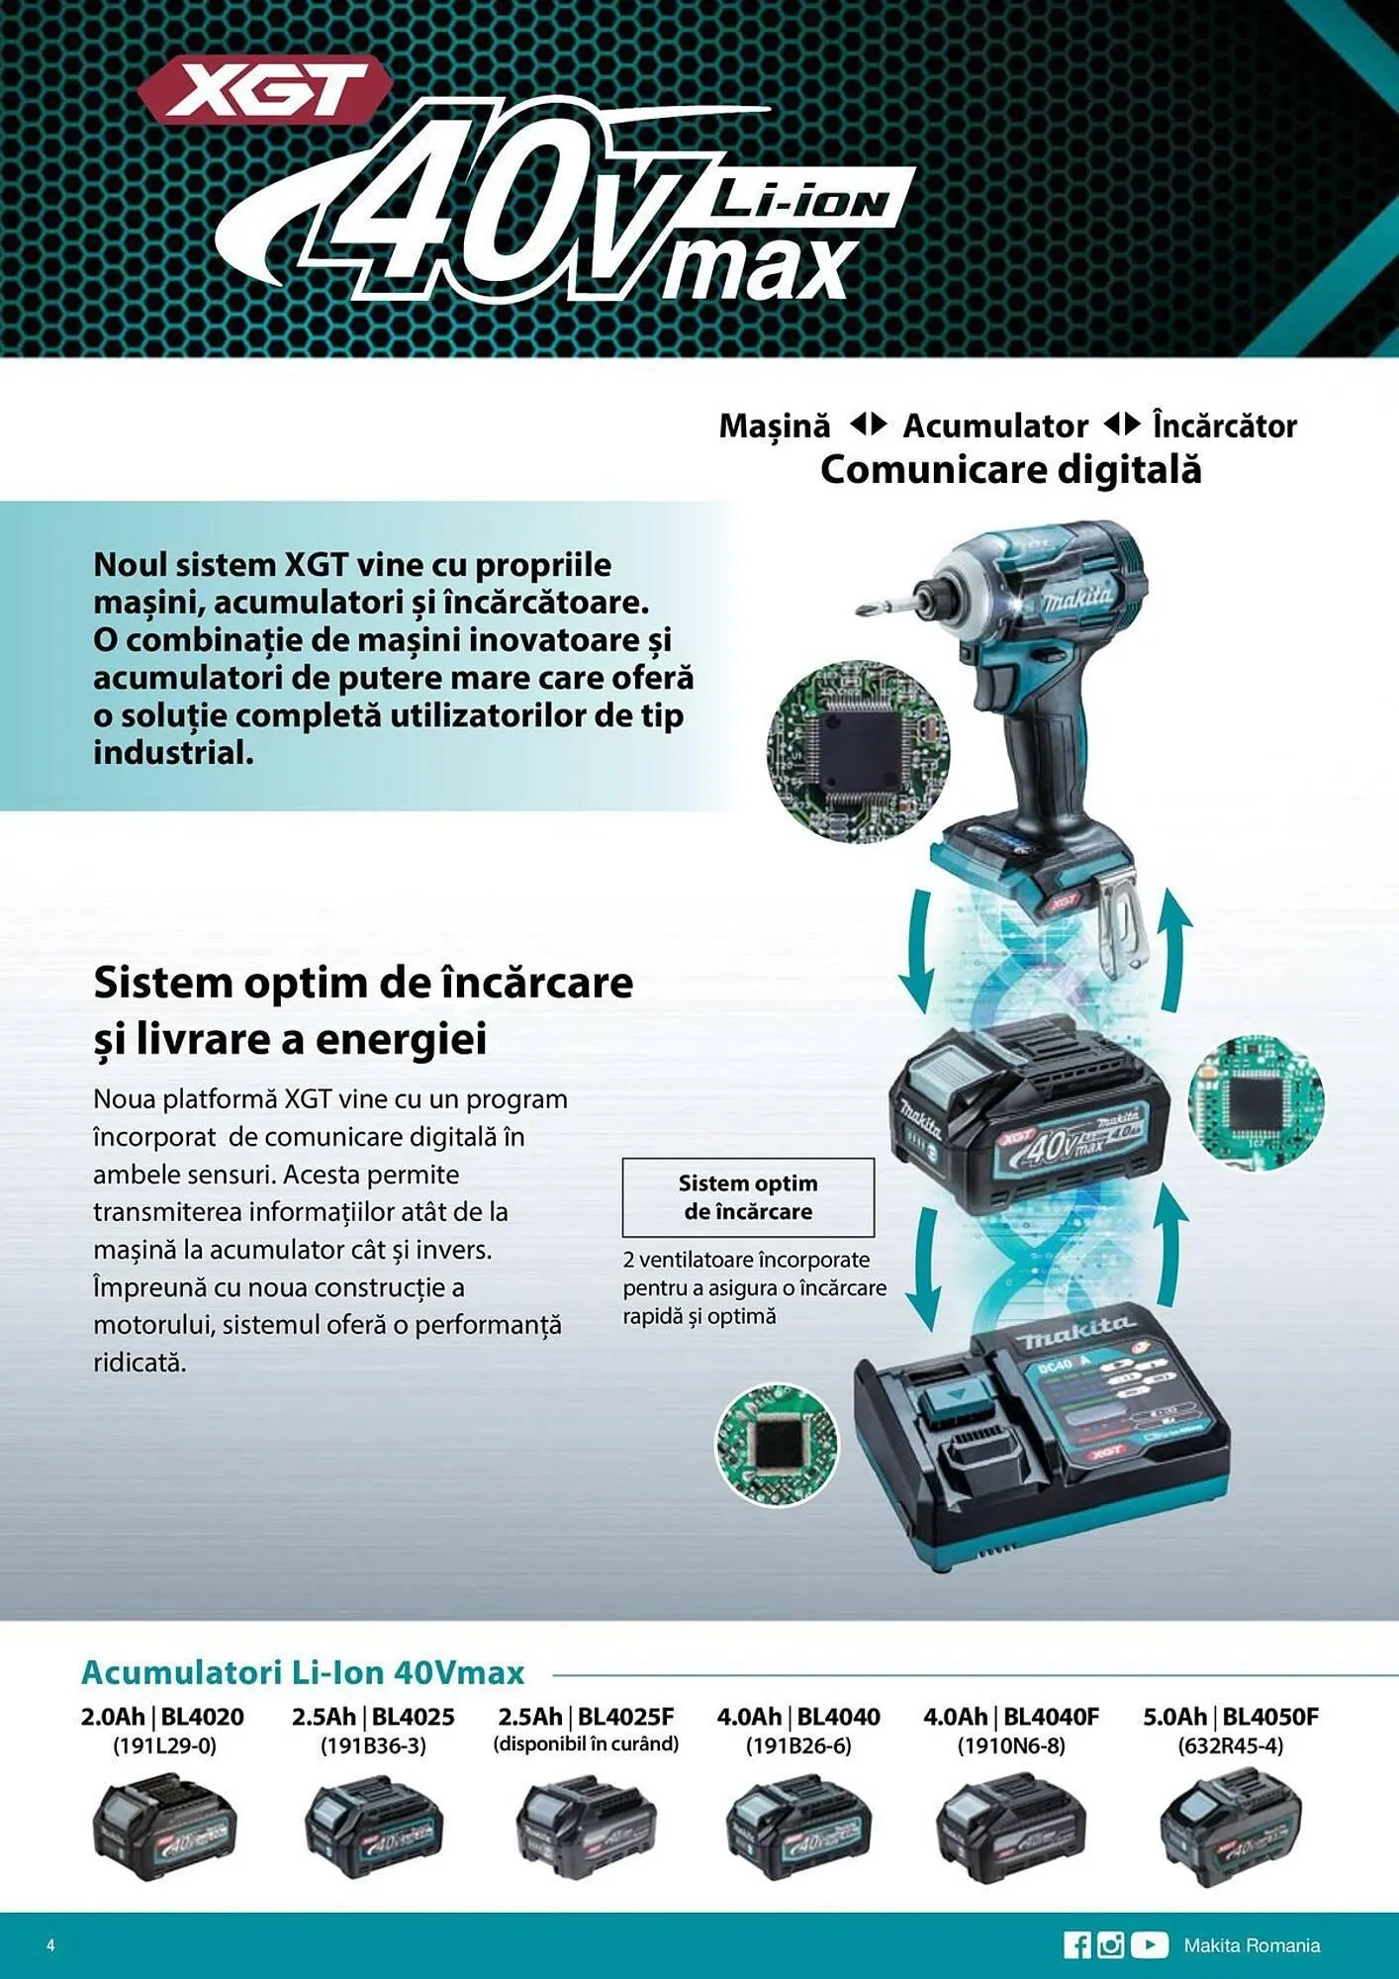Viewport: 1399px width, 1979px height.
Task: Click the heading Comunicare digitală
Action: coord(1010,470)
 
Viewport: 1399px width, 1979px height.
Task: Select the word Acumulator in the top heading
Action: coord(994,426)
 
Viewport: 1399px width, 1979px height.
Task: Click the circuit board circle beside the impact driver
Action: coord(858,751)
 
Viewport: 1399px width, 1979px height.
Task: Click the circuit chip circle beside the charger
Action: coord(777,1446)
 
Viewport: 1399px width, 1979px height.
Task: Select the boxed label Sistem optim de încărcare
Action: coord(748,1197)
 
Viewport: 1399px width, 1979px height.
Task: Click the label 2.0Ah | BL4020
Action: coord(162,1717)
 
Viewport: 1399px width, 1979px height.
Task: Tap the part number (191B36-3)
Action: coord(373,1745)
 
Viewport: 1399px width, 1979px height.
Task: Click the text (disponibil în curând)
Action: coord(586,1744)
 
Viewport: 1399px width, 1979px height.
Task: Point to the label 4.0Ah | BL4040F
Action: coord(1010,1717)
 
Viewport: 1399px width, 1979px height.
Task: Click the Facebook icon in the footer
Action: coord(1076,1944)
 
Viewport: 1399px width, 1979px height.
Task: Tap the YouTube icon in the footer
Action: coord(1149,1944)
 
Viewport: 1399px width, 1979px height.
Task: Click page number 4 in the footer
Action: coord(50,1944)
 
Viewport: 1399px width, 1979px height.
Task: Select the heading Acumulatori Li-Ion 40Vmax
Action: coord(303,1672)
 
